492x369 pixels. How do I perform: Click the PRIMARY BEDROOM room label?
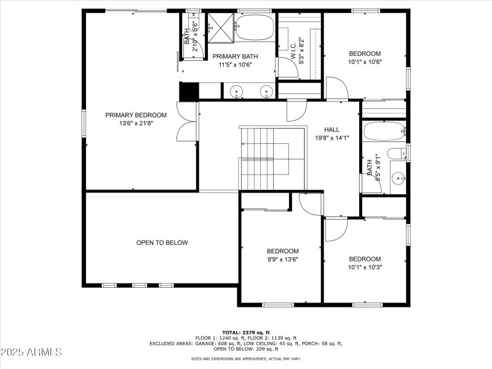(x=135, y=115)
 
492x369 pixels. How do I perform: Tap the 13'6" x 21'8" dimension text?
(x=135, y=124)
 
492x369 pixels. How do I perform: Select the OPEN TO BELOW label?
(x=162, y=243)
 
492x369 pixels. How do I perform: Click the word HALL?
(x=331, y=130)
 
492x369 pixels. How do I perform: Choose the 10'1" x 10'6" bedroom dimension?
(x=365, y=61)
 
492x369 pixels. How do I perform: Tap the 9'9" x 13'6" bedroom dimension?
(x=282, y=260)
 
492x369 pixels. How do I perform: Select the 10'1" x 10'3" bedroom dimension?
(x=365, y=268)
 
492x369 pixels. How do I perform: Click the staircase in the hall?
(x=264, y=159)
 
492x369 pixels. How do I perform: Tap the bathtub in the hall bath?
(x=383, y=132)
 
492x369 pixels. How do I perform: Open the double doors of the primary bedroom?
(x=187, y=121)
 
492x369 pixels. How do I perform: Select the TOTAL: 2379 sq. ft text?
(x=245, y=332)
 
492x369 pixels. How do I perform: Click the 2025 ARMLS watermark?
(x=31, y=352)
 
